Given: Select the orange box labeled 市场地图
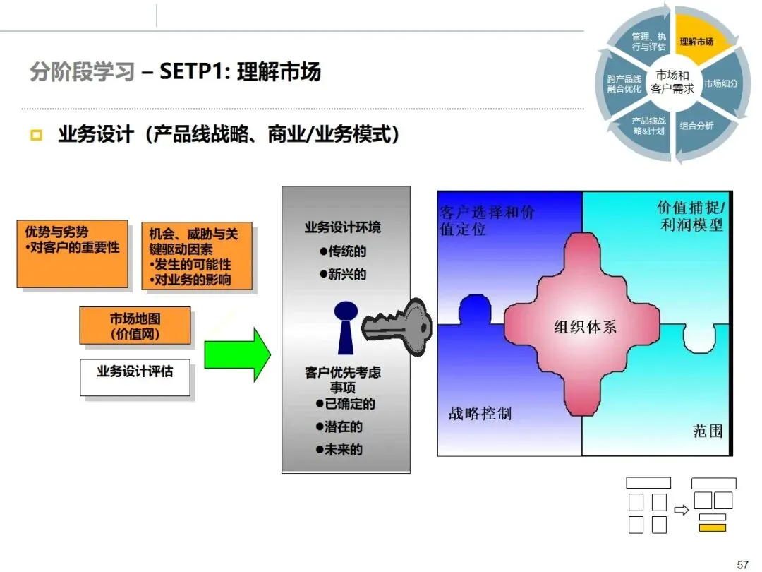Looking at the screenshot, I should pos(135,326).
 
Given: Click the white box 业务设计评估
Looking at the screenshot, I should pos(134,371).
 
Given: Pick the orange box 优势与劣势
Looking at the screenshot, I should pos(72,254).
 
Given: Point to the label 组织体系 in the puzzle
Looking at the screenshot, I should pos(585,327).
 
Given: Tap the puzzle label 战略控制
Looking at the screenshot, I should pos(480,414).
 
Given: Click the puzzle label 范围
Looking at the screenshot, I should pos(708,430).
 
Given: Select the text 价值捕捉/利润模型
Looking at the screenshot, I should pos(691,216).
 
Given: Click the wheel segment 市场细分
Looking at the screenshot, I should pos(721,83).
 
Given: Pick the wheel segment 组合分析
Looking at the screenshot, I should pos(696,126).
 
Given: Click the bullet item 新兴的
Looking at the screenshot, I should pos(343,275).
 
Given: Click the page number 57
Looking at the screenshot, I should pos(742,564).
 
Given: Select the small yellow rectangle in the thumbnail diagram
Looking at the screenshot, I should pos(713,528).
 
